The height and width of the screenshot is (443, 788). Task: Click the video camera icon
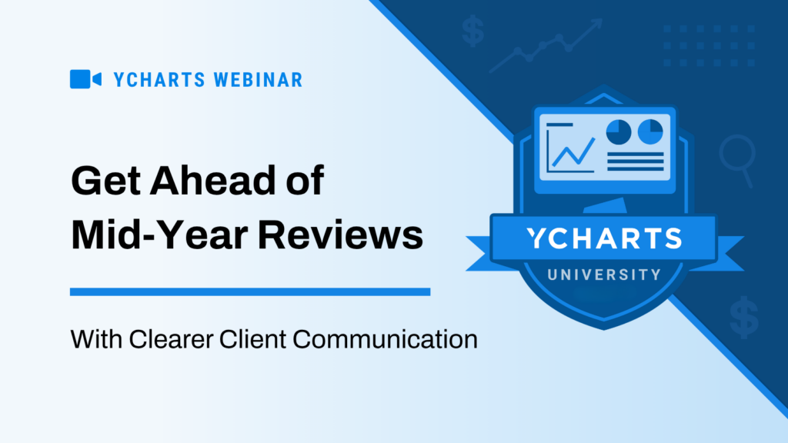[85, 79]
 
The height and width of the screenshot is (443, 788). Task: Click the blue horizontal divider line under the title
[250, 292]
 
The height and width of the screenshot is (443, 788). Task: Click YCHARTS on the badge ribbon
[604, 238]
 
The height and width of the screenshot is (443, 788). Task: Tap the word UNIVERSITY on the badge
[605, 274]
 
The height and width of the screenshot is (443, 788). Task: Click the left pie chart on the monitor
[619, 132]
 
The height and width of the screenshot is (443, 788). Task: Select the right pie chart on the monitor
[651, 132]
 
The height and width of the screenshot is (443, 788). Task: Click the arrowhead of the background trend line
[596, 25]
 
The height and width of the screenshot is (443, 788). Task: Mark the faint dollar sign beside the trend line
[473, 32]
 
